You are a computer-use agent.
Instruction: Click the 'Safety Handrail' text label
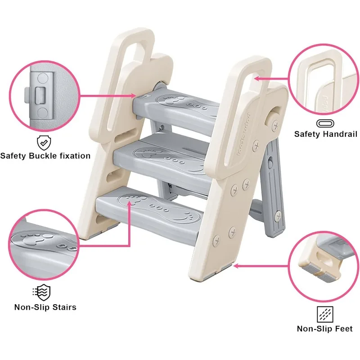click(x=325, y=134)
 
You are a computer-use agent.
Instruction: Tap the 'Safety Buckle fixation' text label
click(x=45, y=156)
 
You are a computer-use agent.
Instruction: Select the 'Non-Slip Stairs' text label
click(x=45, y=307)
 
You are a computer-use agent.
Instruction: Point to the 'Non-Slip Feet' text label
click(x=324, y=328)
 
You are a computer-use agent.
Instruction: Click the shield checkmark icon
click(x=43, y=143)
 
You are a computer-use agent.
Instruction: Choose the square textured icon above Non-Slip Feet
click(x=324, y=314)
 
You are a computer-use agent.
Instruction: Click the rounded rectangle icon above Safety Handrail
click(x=325, y=122)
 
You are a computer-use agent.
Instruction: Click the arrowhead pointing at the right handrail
click(x=256, y=78)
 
